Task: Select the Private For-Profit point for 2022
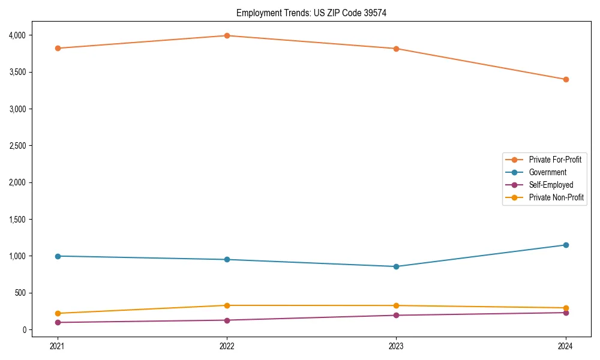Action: pos(227,35)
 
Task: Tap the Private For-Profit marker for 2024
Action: pos(566,79)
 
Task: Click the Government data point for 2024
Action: pos(566,245)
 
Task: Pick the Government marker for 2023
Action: pos(396,266)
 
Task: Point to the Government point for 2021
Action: pos(58,256)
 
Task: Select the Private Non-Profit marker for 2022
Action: pos(227,305)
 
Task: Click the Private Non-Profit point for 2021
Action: pos(58,313)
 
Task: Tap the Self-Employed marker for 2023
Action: pos(396,315)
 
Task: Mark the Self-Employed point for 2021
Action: pos(58,322)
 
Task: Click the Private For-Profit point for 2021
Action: pos(58,48)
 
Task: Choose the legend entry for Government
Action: pos(547,172)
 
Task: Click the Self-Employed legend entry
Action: pos(551,185)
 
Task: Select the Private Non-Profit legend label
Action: pos(556,197)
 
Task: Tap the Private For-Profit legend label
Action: pos(555,160)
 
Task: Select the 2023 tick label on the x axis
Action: pos(396,346)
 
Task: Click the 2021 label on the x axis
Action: pos(58,346)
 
